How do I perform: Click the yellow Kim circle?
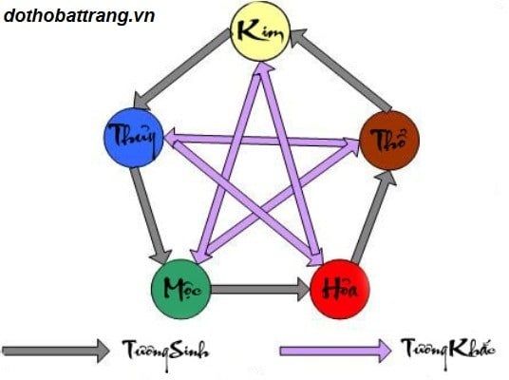tap(259, 31)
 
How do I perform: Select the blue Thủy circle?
tap(133, 138)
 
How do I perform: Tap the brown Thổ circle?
tap(389, 141)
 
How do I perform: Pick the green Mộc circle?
tap(181, 289)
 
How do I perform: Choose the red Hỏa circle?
tap(340, 289)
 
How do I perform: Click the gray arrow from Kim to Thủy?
tap(181, 68)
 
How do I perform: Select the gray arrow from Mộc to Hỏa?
tap(260, 290)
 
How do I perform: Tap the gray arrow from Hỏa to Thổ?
tap(373, 216)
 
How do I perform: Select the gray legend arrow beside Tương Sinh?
tap(56, 351)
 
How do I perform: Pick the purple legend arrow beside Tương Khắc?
tap(335, 351)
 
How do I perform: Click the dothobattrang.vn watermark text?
tap(79, 15)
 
